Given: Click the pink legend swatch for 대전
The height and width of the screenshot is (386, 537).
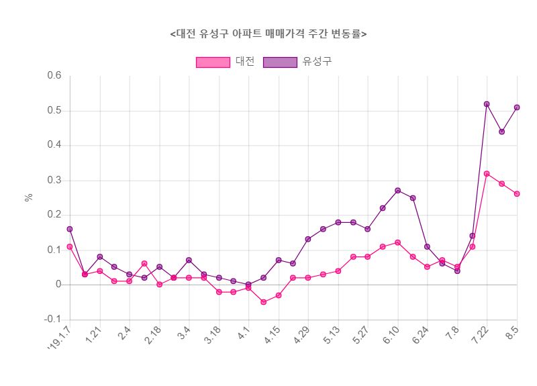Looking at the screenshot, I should (x=213, y=62).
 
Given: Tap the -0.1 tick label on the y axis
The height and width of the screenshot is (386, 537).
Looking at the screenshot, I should (x=52, y=320).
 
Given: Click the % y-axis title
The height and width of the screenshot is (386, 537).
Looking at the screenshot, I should (x=28, y=197).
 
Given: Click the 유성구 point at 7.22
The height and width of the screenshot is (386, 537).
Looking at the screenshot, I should (x=487, y=104).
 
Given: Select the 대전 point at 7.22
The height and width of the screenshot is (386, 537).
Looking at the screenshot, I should (x=487, y=174).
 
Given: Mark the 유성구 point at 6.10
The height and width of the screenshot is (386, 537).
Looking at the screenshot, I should (x=397, y=191).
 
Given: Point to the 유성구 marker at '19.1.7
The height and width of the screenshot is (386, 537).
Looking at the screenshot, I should (x=70, y=229).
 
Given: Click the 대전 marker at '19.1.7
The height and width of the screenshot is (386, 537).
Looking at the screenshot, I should (x=70, y=246).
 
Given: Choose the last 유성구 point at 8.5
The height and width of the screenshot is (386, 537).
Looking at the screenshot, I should (x=517, y=107).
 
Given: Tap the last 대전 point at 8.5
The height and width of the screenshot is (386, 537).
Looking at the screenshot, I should (x=517, y=194).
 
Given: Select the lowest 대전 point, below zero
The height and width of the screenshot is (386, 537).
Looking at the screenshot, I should (x=263, y=302).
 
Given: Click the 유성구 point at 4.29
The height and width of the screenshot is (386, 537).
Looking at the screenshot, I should (x=308, y=239).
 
